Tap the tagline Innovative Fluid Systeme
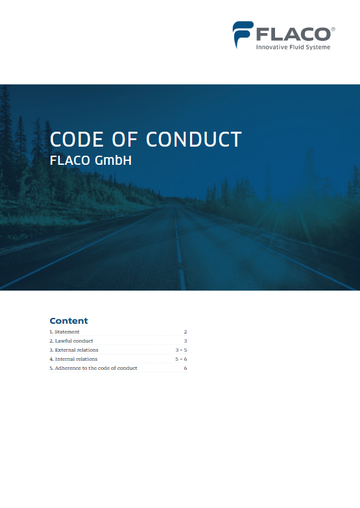coord(293,47)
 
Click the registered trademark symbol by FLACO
coord(333,29)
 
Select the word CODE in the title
coord(77,139)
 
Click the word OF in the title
coord(125,139)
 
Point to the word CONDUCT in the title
coord(194,139)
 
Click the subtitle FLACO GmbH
coord(91,160)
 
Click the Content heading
coord(69,321)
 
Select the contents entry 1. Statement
coord(64,332)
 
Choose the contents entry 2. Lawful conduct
coord(71,341)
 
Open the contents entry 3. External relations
coord(74,350)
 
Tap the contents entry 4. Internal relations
coord(73,359)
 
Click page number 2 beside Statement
coord(186,332)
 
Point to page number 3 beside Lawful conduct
coord(186,341)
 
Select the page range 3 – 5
coord(181,350)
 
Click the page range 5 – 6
coord(181,359)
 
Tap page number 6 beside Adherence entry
coord(186,368)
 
